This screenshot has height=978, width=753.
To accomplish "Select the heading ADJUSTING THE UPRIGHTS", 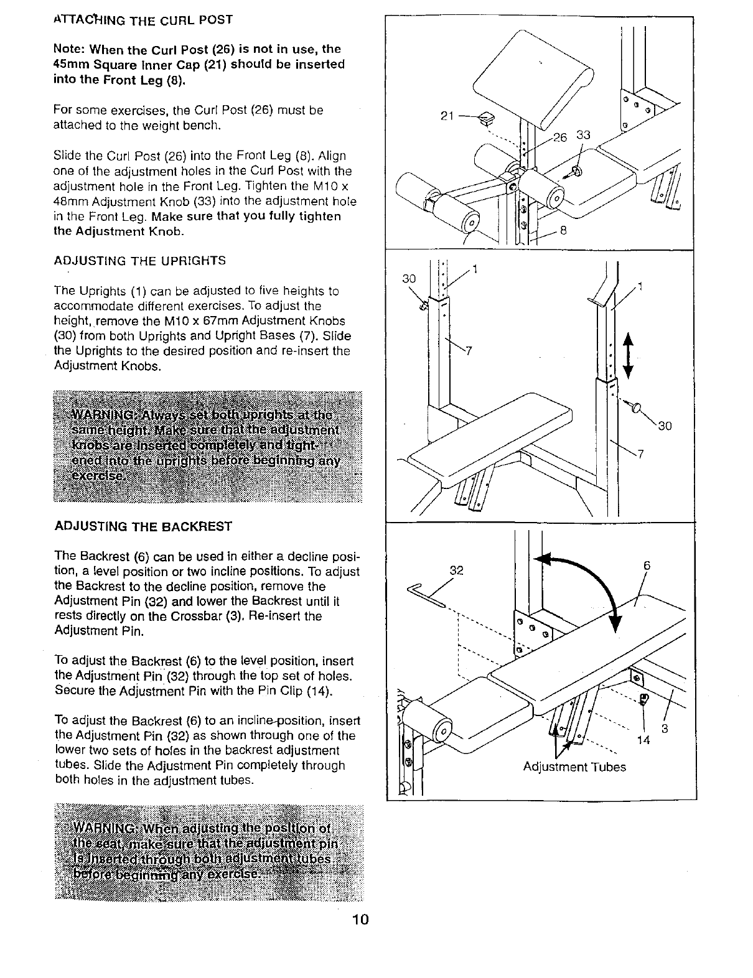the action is tap(140, 261).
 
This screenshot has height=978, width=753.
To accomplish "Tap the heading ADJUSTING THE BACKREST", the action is tap(143, 526).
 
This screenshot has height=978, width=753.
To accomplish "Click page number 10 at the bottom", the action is tap(360, 920).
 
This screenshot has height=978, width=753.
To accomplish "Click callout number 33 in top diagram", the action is tap(583, 136).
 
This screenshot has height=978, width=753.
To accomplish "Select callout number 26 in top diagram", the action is tap(560, 137).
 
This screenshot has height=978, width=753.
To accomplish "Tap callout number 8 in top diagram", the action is tap(563, 230).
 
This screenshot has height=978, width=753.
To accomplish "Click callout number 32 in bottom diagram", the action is tap(457, 570).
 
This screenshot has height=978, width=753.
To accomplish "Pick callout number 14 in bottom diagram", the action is tap(643, 740).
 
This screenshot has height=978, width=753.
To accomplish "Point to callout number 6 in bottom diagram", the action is tap(647, 566).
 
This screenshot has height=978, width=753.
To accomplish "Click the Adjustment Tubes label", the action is tap(574, 766).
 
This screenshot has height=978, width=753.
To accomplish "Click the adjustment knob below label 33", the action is tap(575, 170).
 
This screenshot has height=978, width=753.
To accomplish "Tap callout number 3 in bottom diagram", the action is tap(664, 729).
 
